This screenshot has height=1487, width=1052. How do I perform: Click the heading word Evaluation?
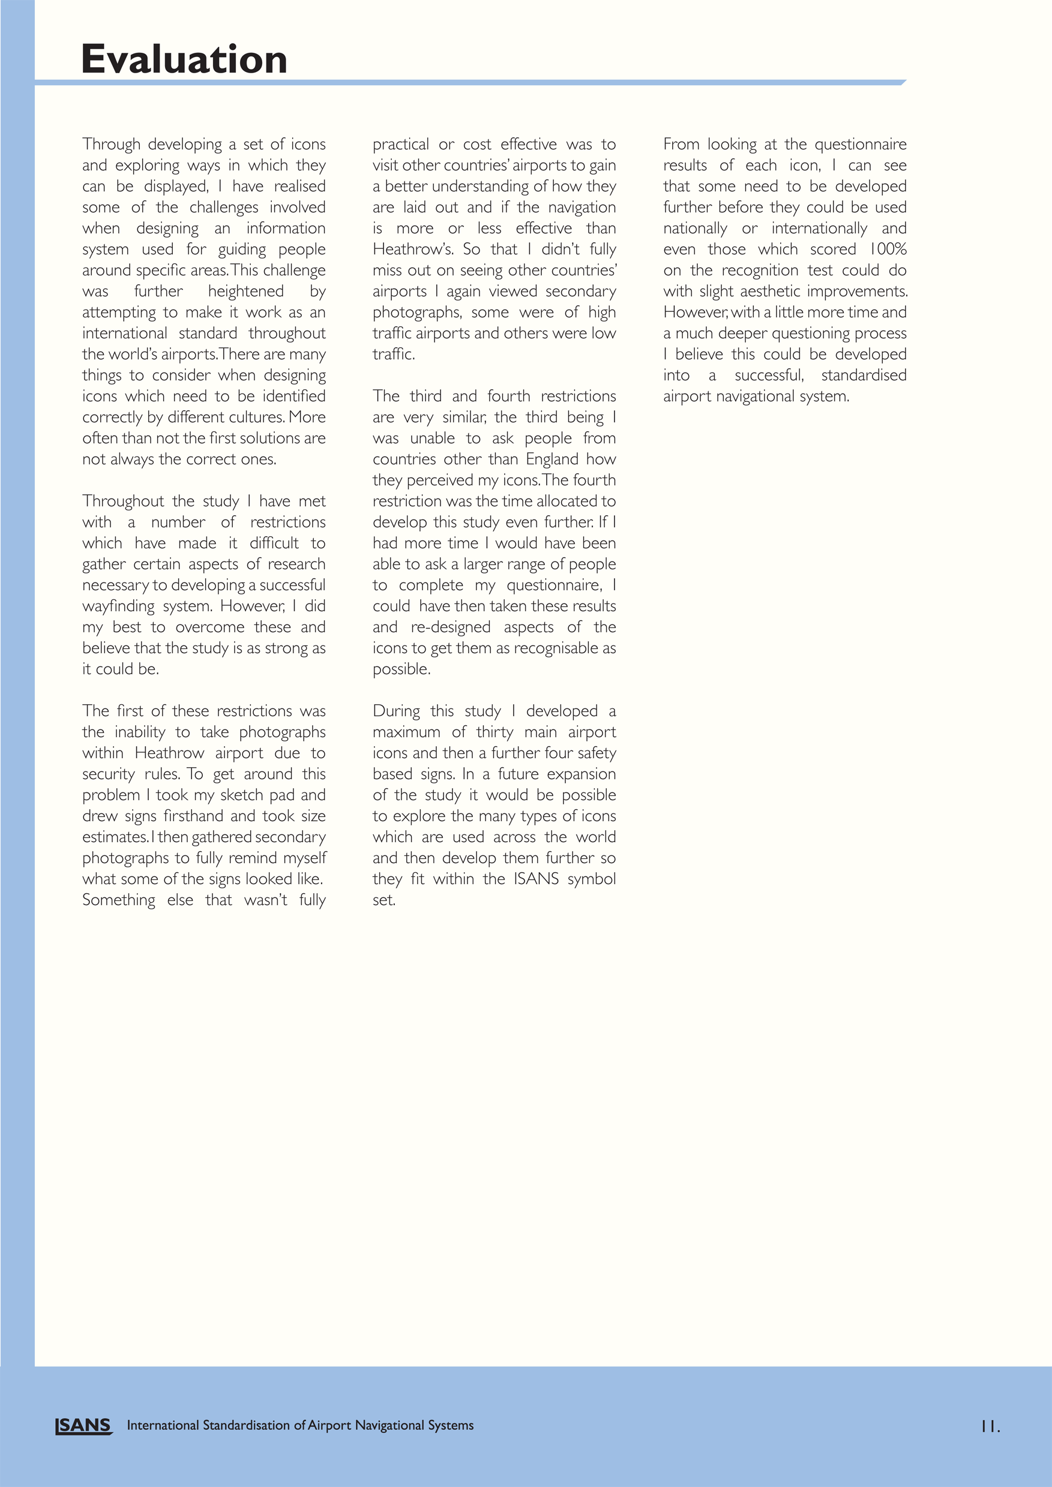tap(184, 59)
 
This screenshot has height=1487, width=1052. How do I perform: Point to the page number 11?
tap(990, 1426)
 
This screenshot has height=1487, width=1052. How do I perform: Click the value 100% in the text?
tap(888, 250)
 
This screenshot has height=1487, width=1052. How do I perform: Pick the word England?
tap(552, 459)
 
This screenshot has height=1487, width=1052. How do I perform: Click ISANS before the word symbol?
tap(537, 879)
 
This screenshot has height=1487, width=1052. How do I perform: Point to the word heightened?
tap(245, 292)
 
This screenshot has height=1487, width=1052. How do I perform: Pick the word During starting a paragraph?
tap(396, 711)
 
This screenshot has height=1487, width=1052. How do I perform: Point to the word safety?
tap(594, 753)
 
